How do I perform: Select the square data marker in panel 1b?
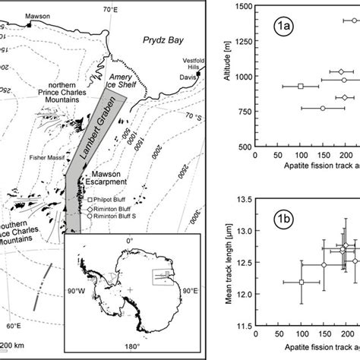(301, 282)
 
